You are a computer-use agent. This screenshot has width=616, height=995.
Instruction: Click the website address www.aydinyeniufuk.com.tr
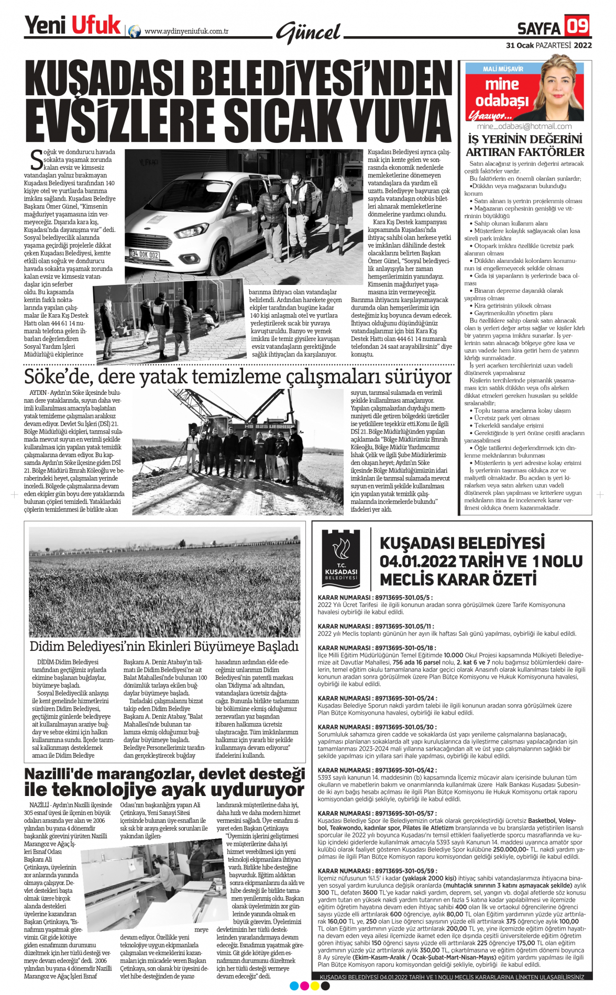pos(186,31)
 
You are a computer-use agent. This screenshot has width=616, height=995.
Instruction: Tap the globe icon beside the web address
pos(135,31)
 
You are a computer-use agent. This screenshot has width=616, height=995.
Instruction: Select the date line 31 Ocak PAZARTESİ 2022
pos(548,46)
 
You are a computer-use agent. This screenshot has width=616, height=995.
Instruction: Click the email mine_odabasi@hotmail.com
pos(524,126)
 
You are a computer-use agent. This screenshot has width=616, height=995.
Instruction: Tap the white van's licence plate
pos(145,255)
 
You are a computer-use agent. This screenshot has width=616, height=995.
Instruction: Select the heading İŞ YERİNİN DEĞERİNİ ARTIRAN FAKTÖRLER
pos(525,146)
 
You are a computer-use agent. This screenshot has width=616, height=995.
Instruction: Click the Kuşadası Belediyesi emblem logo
pos(340,558)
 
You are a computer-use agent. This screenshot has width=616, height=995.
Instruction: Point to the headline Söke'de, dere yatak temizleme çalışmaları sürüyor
pos(238,377)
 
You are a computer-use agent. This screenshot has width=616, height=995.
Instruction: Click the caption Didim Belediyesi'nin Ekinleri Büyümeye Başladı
pos(164,646)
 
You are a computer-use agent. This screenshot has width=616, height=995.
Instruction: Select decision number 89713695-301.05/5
pos(375,597)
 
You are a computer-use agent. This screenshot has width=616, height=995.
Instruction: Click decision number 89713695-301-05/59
pos(377,871)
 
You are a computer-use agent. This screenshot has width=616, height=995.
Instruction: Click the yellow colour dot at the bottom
pos(315,986)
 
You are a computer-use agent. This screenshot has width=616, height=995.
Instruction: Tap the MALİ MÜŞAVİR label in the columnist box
pos(502,69)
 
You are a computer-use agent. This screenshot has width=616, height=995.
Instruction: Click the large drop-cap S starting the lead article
pos(36,159)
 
